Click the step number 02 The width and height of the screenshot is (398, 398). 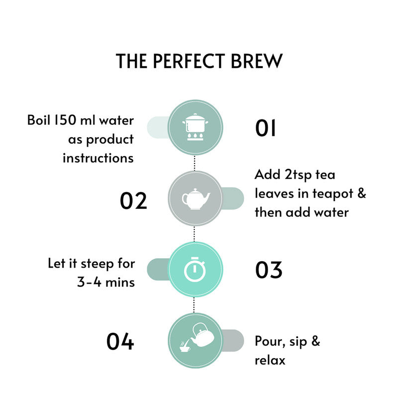click(x=133, y=200)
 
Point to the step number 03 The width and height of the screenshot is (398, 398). click(x=269, y=270)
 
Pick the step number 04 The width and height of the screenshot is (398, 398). click(x=120, y=341)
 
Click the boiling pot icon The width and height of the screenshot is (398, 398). click(x=195, y=127)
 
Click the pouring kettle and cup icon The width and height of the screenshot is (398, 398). click(x=194, y=340)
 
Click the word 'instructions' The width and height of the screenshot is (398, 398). click(x=98, y=158)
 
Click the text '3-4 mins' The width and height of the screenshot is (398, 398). click(x=105, y=282)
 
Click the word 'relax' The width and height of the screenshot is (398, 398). click(x=270, y=360)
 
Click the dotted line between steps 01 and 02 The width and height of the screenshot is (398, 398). click(x=195, y=163)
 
